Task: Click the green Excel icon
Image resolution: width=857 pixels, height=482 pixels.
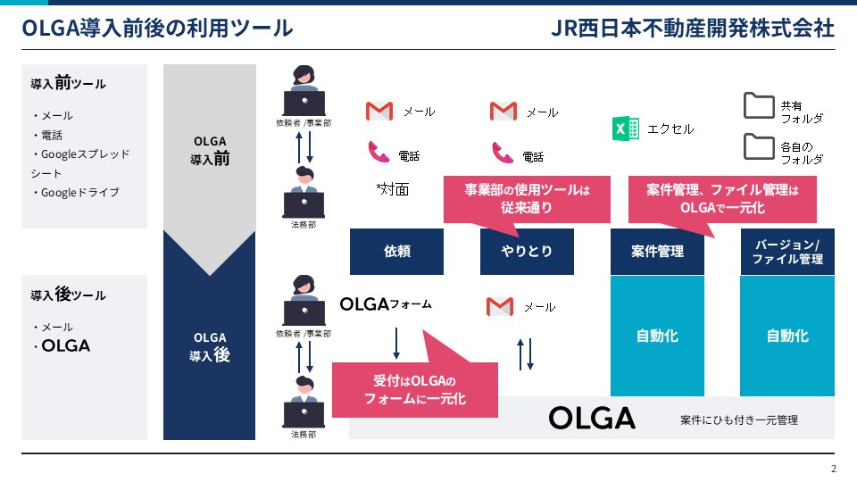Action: (626, 129)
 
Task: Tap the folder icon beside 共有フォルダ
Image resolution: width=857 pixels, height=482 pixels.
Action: (759, 105)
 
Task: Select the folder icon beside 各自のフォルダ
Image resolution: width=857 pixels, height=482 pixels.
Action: (759, 145)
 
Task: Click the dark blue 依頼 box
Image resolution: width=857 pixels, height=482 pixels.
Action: (396, 252)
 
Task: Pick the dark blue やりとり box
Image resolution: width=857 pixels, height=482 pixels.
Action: (527, 252)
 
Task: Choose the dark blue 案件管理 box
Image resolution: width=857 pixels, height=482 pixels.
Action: (657, 252)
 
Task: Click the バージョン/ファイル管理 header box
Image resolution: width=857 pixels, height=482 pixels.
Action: (787, 252)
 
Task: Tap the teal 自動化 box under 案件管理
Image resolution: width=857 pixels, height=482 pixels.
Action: (657, 336)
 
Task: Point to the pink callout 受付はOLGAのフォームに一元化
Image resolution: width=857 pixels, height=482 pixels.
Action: (414, 390)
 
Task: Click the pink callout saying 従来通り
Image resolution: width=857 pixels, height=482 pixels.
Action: (527, 198)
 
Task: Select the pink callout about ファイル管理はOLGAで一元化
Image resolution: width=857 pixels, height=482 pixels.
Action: (722, 198)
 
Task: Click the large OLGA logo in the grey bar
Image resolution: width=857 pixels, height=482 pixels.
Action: (592, 418)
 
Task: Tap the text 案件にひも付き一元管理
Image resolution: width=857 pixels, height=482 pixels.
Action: (738, 420)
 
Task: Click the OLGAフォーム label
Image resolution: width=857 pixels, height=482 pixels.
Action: (386, 304)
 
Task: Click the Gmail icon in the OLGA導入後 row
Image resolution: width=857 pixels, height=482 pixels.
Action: (500, 307)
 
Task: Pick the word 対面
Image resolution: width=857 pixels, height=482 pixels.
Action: (393, 189)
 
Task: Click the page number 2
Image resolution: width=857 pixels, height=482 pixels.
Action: (834, 470)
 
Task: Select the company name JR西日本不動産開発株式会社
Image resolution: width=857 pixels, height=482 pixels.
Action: (694, 28)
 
